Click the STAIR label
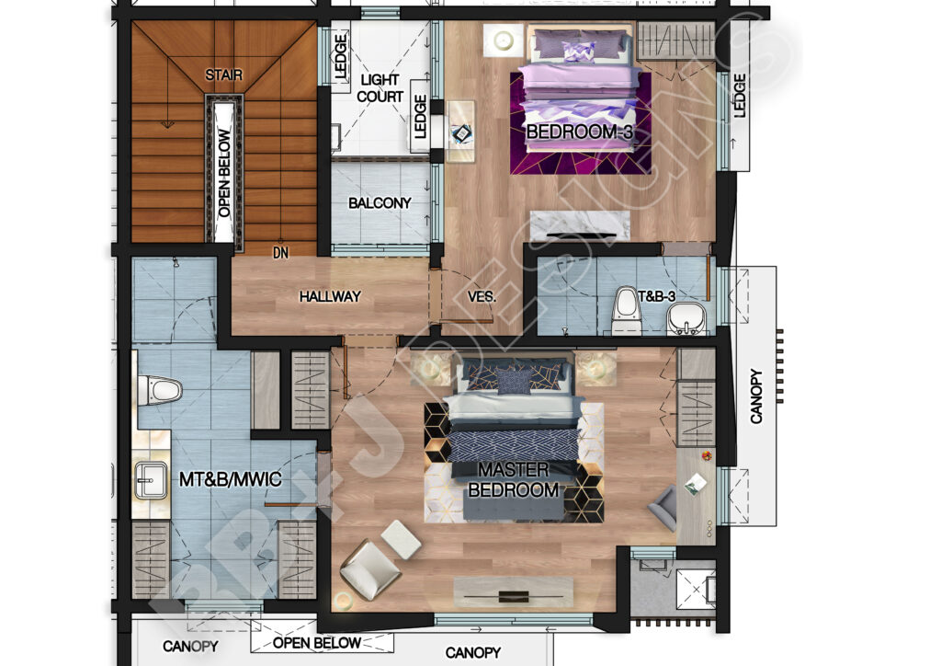(224, 75)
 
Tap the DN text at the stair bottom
(280, 251)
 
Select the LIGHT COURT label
(380, 88)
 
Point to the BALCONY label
(380, 202)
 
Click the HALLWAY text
(330, 296)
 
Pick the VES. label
(482, 296)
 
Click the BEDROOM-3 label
(580, 132)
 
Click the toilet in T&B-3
(626, 311)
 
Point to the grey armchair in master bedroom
(663, 508)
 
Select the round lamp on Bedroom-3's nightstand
(503, 40)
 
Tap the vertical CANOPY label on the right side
(756, 396)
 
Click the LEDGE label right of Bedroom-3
(740, 96)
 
